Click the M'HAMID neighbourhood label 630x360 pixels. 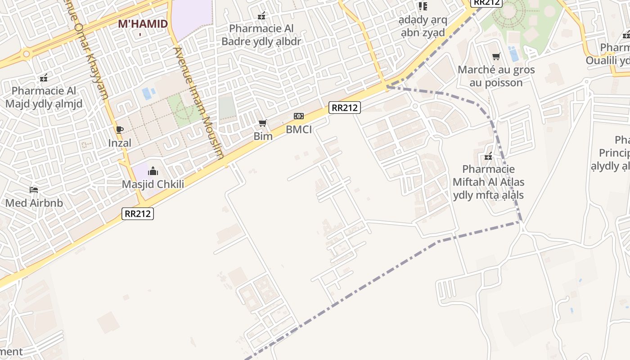143,24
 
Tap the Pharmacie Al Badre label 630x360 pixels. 261,35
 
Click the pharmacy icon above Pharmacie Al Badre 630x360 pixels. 261,16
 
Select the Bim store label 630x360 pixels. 263,136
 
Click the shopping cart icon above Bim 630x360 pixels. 263,123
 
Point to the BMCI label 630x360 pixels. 299,130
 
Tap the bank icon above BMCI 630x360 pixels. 299,116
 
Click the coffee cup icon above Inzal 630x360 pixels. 120,130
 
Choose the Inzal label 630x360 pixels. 120,143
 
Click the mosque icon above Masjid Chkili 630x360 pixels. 153,171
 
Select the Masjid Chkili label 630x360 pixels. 153,184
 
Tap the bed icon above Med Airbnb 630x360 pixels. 34,189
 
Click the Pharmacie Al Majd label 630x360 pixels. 44,97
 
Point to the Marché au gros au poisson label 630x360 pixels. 496,76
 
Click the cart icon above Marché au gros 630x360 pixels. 496,57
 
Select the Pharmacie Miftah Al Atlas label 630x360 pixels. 488,182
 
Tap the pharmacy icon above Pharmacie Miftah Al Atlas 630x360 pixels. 488,157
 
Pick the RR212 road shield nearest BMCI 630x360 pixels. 345,108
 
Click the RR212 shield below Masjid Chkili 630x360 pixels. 138,214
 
